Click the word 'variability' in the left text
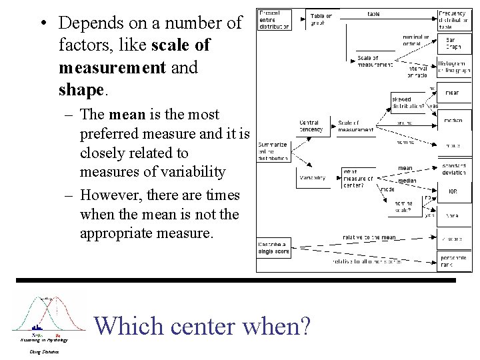click(x=193, y=171)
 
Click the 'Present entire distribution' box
click(x=273, y=20)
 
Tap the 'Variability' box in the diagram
click(x=313, y=178)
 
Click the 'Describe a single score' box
click(x=273, y=247)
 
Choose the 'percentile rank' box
click(x=453, y=261)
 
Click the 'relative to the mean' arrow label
click(x=369, y=237)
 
